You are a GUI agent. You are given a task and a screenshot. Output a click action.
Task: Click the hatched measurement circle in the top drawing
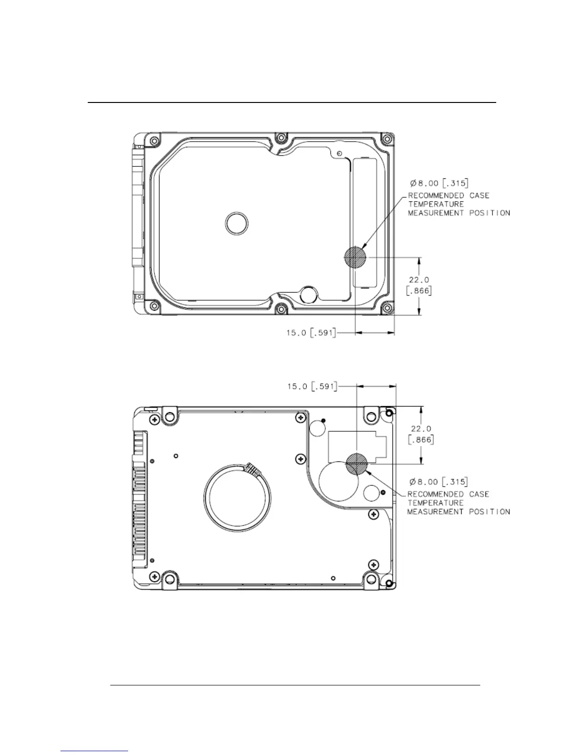click(355, 257)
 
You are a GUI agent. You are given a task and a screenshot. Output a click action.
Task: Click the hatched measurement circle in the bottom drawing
click(357, 463)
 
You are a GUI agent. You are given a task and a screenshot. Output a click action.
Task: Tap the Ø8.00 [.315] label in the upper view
click(439, 183)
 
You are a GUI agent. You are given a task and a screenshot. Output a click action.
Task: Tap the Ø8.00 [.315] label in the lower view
click(439, 481)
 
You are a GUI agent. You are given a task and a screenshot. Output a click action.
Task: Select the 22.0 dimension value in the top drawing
click(419, 280)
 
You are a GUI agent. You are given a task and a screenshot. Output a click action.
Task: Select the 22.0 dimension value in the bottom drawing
click(421, 429)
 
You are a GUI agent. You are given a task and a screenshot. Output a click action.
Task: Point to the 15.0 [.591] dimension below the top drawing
click(311, 333)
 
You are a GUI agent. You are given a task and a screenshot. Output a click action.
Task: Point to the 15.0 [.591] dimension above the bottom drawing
click(312, 387)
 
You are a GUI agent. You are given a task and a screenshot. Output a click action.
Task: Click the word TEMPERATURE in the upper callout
click(436, 204)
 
